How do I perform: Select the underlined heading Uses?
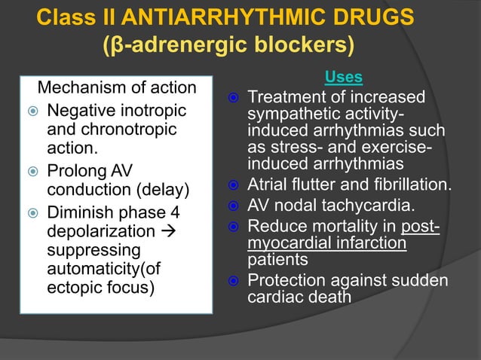coord(343,77)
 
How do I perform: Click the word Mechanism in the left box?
coord(80,89)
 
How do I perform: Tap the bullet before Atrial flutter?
coord(235,186)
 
